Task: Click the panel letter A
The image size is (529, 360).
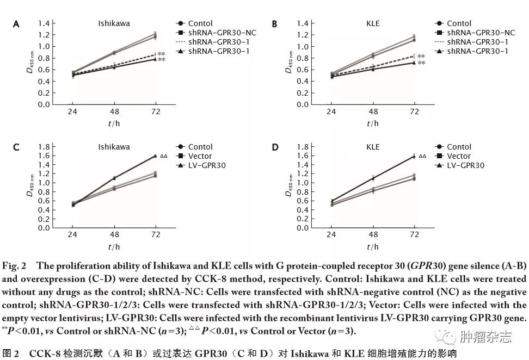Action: (x=16, y=24)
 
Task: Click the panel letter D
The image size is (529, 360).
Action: (x=274, y=147)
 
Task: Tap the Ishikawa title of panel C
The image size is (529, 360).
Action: (x=114, y=147)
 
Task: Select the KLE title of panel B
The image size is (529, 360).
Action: (x=373, y=23)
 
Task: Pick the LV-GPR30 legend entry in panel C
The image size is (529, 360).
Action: (x=207, y=165)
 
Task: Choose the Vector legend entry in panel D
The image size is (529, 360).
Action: (x=459, y=156)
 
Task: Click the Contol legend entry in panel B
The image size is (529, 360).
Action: (x=459, y=23)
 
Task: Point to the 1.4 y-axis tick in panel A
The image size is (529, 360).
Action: (x=44, y=23)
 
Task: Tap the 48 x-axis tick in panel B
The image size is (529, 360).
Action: (x=373, y=111)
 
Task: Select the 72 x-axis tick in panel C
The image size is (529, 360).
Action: (x=156, y=235)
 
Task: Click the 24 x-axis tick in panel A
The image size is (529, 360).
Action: (x=72, y=111)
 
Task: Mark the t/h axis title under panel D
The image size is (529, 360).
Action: (x=373, y=246)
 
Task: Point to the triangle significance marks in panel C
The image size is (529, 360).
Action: (x=164, y=156)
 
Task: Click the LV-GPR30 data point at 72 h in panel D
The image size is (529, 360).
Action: (x=414, y=156)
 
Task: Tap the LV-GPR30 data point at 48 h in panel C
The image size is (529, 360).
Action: (x=114, y=178)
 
